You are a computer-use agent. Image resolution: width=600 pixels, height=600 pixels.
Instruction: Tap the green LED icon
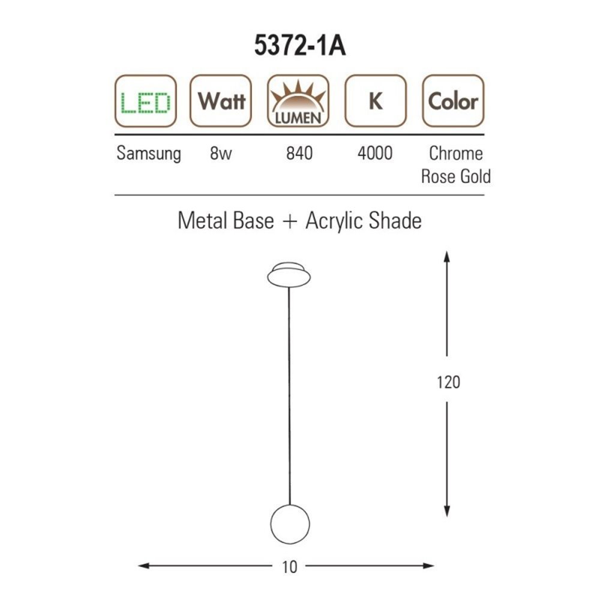(x=145, y=101)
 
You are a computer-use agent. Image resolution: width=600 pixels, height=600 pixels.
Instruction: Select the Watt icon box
(x=221, y=101)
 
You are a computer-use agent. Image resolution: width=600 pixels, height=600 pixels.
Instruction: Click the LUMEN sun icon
(x=298, y=101)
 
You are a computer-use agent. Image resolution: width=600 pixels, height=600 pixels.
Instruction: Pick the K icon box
(x=376, y=101)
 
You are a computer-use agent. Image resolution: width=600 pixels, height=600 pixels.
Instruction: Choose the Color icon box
(x=453, y=101)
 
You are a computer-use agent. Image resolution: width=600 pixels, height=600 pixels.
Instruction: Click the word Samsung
(x=148, y=154)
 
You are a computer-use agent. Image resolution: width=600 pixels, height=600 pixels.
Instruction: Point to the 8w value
(x=221, y=153)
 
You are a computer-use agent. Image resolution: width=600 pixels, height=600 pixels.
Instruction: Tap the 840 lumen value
(x=299, y=153)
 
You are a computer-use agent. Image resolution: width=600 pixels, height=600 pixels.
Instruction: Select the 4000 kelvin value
(x=375, y=153)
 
